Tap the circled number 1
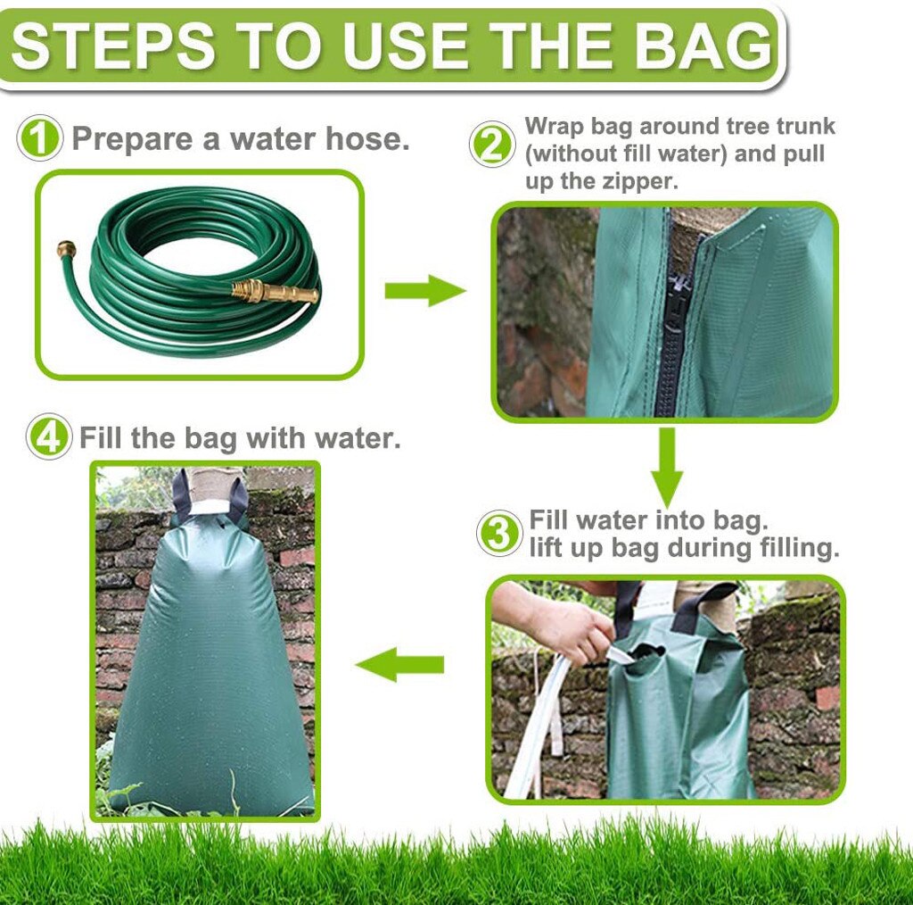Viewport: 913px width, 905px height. (x=40, y=139)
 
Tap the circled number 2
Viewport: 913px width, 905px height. (x=492, y=145)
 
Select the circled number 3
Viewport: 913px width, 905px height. (x=499, y=534)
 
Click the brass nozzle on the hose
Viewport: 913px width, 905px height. (x=276, y=291)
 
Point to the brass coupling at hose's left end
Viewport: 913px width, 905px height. (x=65, y=249)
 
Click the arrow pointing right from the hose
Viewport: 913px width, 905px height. (x=424, y=291)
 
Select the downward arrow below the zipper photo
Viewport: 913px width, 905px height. (x=666, y=466)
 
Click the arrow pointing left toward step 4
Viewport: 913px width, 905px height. (x=400, y=665)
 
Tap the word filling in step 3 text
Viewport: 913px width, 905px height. (x=791, y=548)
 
